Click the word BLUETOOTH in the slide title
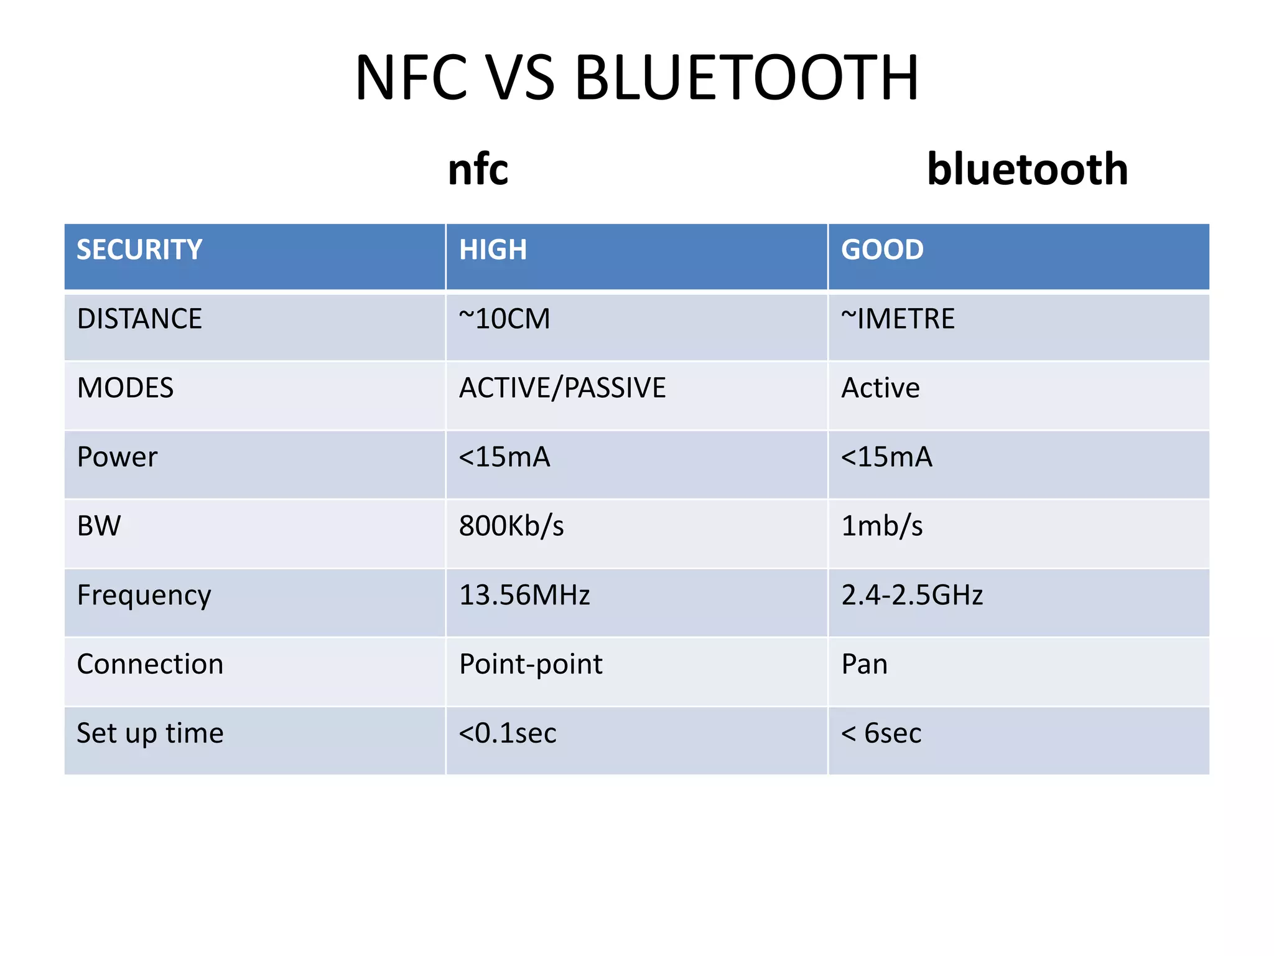[746, 78]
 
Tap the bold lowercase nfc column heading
[478, 169]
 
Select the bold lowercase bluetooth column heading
[1027, 169]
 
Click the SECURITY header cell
[139, 250]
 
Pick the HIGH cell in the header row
[493, 250]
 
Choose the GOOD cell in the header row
[882, 250]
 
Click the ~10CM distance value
[504, 319]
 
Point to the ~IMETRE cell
[898, 319]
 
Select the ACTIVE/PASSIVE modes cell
[562, 388]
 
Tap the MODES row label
[125, 388]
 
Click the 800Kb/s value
[511, 527]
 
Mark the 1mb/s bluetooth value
[881, 527]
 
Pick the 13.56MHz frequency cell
[524, 596]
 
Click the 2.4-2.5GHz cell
[912, 596]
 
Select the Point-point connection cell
[531, 665]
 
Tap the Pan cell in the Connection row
[864, 665]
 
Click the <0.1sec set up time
[508, 734]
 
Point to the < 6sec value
[881, 734]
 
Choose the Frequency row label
[144, 596]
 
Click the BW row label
[99, 527]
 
